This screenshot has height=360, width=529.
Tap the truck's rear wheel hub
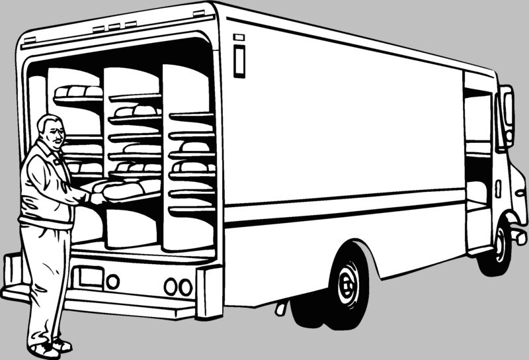click(346, 284)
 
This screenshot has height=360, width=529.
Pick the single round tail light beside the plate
click(113, 281)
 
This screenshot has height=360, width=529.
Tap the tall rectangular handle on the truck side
click(239, 59)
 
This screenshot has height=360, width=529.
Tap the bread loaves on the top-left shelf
click(78, 91)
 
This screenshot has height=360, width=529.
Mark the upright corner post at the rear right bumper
click(210, 291)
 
